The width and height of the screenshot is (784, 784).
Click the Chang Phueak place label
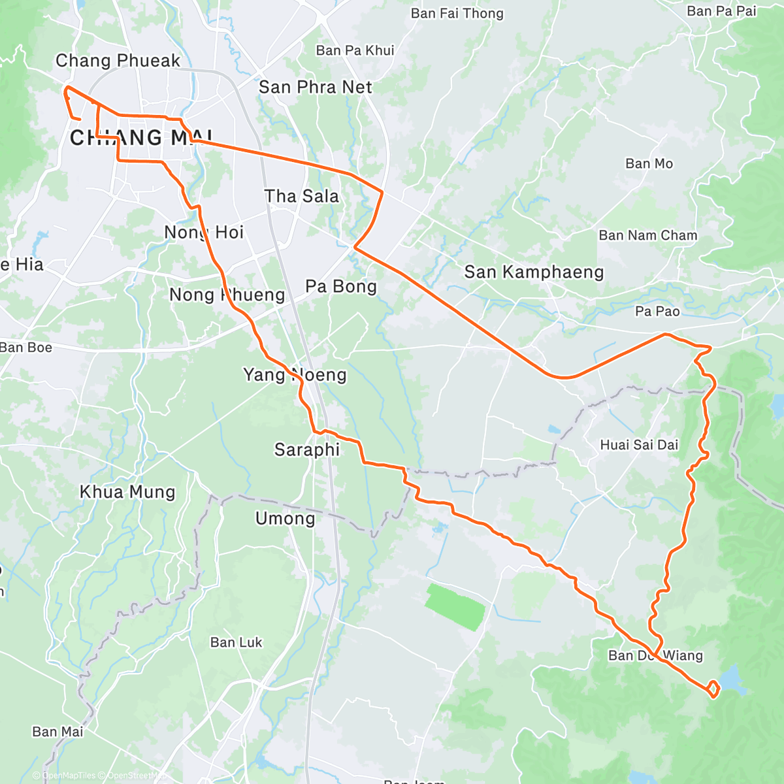tap(118, 61)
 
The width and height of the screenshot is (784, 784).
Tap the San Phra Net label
tap(316, 87)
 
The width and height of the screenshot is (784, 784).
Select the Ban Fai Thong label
tap(457, 14)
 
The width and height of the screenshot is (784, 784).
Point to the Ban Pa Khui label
tap(355, 50)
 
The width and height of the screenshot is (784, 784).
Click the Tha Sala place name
tap(302, 196)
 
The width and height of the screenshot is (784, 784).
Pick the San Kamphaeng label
tap(534, 272)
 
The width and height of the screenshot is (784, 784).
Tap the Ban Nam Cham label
tap(648, 235)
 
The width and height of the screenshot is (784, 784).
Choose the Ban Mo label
tap(649, 163)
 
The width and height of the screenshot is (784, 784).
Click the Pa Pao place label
tap(657, 312)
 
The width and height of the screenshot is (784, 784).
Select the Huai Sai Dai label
tap(639, 445)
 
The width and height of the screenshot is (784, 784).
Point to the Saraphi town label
tap(307, 449)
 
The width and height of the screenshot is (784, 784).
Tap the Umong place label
tap(285, 519)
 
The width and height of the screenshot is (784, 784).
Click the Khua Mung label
tap(127, 492)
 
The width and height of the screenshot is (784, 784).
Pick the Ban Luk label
tap(236, 642)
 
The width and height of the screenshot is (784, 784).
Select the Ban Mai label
tap(57, 732)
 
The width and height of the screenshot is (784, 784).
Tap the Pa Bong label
tap(341, 286)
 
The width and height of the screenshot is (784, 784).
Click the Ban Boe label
tap(26, 347)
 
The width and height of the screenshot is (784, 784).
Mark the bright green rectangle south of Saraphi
tap(455, 608)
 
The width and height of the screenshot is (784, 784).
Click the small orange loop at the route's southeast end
tap(713, 688)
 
